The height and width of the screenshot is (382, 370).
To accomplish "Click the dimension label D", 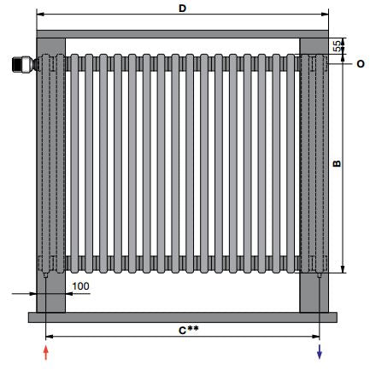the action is (182, 9).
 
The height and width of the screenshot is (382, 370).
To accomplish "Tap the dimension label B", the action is (337, 163).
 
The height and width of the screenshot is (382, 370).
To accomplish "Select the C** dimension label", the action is (189, 330).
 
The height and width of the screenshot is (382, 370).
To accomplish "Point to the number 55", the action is (337, 46).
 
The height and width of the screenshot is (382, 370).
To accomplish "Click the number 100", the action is (80, 286).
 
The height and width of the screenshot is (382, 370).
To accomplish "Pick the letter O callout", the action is (361, 64).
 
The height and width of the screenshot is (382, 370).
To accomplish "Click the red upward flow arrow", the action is (45, 352).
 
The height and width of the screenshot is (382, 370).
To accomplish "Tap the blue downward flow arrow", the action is (320, 352).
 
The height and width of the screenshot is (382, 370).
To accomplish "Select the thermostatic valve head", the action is (23, 64).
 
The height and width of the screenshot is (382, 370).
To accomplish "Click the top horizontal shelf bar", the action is (183, 34).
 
